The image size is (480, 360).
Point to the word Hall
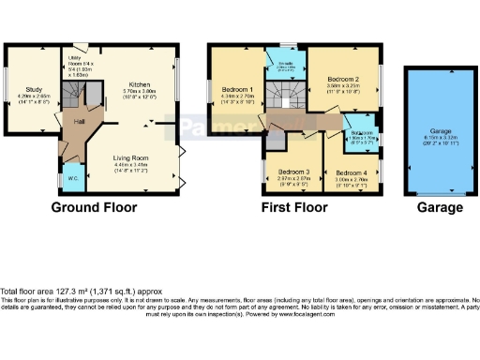81,122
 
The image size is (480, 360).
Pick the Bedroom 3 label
293,172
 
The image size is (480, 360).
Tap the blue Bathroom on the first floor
360,133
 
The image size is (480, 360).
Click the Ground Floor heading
94,207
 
